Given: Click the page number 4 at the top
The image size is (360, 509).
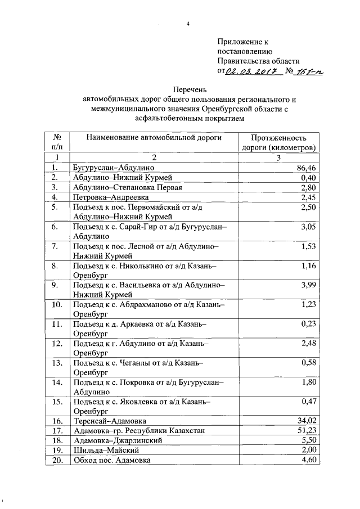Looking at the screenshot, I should (188, 23).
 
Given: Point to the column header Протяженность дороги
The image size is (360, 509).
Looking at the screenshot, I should (278, 142).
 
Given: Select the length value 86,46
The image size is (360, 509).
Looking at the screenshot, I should (305, 168).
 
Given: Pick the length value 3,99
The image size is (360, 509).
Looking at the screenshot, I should (307, 285).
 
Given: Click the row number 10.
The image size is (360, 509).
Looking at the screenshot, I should (56, 304).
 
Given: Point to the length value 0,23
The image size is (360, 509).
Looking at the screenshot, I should (307, 324).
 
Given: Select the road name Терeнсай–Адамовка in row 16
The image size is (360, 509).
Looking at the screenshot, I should (110, 421).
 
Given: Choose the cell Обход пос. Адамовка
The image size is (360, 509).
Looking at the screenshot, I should (111, 460).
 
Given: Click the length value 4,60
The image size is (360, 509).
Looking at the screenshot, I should (307, 460).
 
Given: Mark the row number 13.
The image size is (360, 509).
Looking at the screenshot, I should (56, 363).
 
